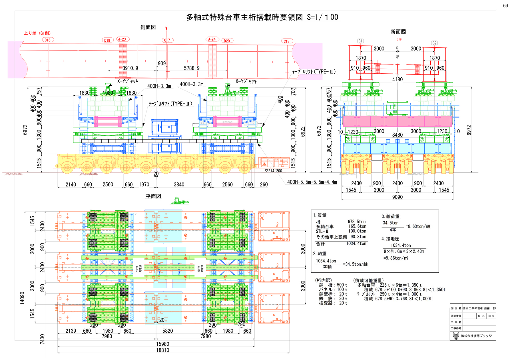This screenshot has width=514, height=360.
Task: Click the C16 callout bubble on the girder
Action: [47, 40]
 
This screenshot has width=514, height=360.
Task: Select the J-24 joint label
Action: [212, 39]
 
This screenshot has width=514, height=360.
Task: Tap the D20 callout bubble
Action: [227, 41]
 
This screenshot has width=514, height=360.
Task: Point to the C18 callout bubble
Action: [286, 41]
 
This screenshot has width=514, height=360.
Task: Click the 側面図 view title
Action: [148, 27]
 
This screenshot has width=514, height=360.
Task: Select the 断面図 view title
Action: [398, 32]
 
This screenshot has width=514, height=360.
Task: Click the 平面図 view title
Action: [153, 196]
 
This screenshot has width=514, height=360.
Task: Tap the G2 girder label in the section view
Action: [434, 43]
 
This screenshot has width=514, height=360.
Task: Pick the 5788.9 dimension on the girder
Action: [192, 68]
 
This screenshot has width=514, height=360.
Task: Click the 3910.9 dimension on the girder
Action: [130, 68]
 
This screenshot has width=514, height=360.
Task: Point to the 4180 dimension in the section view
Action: [397, 79]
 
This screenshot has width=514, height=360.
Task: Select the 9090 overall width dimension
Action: [397, 197]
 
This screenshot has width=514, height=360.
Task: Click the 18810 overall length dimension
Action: [162, 350]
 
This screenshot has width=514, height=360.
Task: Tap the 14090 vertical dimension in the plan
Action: [22, 298]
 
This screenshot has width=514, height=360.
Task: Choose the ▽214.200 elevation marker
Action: [274, 171]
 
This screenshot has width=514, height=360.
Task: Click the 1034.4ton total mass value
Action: [356, 244]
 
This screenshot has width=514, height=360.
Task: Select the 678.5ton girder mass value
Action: [357, 222]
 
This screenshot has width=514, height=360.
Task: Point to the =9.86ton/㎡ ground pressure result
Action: [395, 258]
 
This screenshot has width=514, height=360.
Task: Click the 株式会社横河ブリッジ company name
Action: [476, 336]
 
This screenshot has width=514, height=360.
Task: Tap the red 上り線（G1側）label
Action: [37, 33]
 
